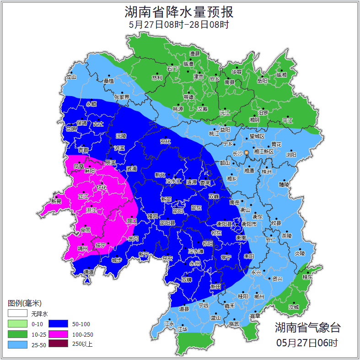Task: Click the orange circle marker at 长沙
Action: point(247,152)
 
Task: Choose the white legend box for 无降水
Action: point(18,314)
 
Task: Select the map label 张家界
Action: point(122,97)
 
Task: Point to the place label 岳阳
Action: point(262,81)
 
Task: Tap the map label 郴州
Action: point(259,296)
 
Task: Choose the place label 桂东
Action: point(308,277)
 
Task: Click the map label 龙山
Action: point(71,77)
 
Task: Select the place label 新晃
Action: point(56,201)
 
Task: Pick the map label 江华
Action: point(183,329)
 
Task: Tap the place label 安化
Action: point(165,141)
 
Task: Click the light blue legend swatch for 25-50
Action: point(18,344)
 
